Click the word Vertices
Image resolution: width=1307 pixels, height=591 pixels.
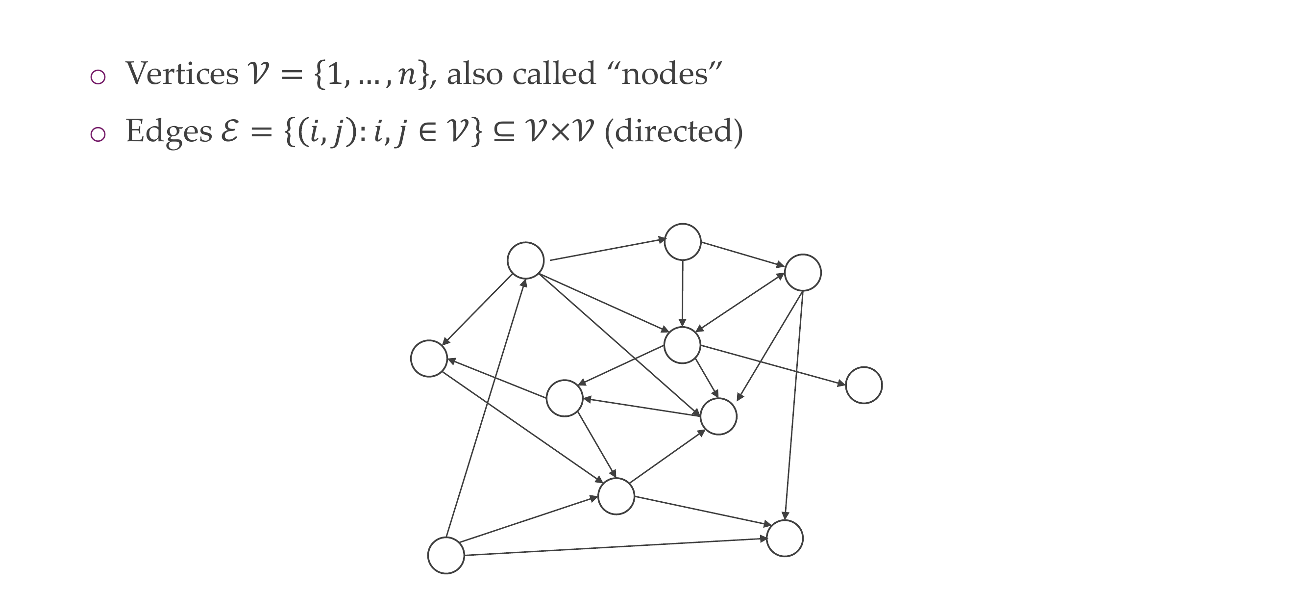(x=182, y=74)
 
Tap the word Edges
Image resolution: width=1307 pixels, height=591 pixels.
(x=169, y=131)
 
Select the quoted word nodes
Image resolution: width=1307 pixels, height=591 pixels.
(x=665, y=74)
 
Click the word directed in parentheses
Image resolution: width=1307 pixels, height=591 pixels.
(x=673, y=131)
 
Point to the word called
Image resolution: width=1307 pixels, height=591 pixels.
(x=554, y=74)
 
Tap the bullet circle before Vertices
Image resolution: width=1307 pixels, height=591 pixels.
(x=98, y=77)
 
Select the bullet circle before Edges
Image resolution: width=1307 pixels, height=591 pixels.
(x=98, y=134)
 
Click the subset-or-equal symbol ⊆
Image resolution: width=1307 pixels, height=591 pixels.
(x=503, y=131)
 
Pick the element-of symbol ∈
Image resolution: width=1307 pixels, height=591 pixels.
(x=428, y=131)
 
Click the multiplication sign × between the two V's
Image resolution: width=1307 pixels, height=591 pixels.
(x=560, y=131)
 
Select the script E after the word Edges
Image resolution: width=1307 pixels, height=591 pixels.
(x=230, y=131)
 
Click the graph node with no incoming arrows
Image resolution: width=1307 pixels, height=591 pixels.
(x=446, y=556)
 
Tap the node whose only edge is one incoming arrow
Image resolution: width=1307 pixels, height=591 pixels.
(x=863, y=385)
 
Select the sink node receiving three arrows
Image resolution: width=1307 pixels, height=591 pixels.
(x=785, y=538)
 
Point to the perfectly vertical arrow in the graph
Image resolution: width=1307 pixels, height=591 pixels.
(x=683, y=293)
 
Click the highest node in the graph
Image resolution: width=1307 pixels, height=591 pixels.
(x=683, y=242)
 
